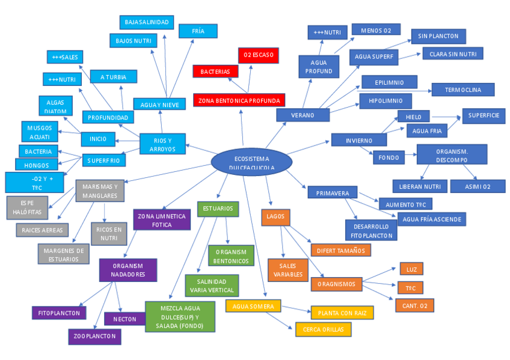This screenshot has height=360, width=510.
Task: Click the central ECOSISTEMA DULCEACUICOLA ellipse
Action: click(251, 162)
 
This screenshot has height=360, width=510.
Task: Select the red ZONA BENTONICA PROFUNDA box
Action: click(239, 100)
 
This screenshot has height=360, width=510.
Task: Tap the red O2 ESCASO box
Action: click(258, 55)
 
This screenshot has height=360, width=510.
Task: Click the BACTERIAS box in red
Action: click(215, 72)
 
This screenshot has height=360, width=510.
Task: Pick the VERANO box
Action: click(303, 115)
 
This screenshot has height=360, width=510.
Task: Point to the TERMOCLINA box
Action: click(462, 90)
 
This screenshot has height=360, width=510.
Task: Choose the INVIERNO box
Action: click(359, 140)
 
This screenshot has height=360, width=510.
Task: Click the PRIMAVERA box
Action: click(332, 193)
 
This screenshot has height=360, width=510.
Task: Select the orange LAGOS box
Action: click(276, 216)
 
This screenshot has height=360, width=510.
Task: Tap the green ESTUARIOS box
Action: click(218, 209)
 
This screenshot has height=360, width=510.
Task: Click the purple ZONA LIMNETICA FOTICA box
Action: click(162, 220)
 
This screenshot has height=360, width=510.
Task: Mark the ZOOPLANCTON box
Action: click(94, 337)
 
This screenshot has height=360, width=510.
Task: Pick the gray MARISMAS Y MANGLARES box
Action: click(100, 191)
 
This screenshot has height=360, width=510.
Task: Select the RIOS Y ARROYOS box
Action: click(162, 144)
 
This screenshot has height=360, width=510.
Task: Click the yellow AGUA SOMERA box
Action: click(253, 307)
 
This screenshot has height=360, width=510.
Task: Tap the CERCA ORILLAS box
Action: click(323, 329)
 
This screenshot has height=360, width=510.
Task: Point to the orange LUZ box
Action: click(411, 269)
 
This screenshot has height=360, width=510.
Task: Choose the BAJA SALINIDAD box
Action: click(147, 22)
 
